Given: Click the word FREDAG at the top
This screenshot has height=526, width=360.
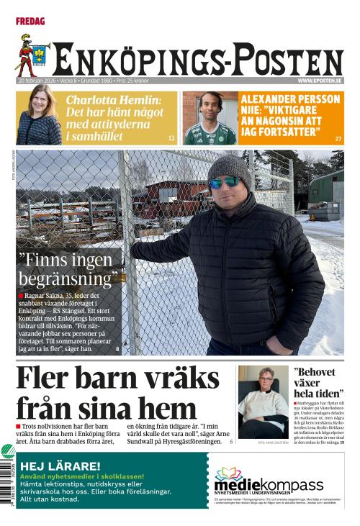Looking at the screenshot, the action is point(30,22).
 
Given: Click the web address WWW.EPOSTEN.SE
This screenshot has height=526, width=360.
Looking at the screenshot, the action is point(319,81).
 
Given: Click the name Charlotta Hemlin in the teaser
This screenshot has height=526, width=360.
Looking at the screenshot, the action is point(113,99).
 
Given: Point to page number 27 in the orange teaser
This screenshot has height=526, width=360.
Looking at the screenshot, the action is point(338,138).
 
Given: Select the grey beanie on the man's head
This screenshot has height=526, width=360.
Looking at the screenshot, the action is point(229,168).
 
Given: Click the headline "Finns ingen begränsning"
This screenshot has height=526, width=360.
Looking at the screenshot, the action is point(68,267).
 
